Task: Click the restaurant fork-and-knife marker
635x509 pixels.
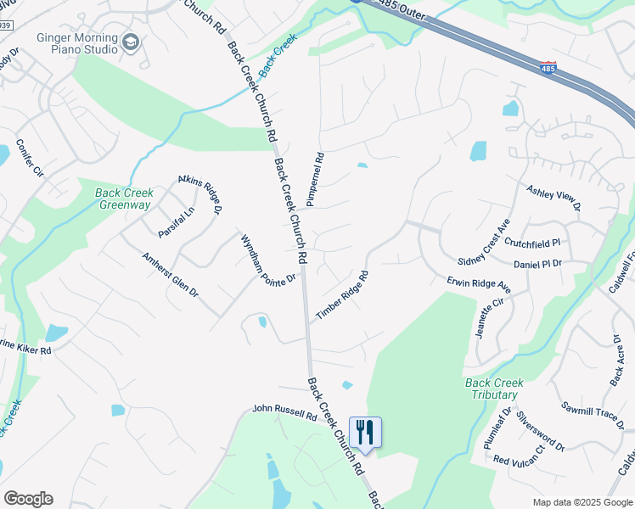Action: [365, 432]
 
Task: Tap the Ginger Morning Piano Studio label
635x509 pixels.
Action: [76, 43]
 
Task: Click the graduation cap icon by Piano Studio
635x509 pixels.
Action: [130, 42]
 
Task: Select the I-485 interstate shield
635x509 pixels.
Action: [549, 68]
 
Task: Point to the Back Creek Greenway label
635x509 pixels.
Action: [123, 199]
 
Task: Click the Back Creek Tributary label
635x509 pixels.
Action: [492, 389]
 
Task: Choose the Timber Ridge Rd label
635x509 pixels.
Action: [342, 294]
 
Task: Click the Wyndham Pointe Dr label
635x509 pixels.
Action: [268, 259]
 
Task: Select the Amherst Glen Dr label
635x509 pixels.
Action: [170, 273]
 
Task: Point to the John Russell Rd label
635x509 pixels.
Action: [284, 411]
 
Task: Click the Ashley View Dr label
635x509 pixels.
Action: [554, 198]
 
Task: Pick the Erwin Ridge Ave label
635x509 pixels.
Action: [479, 284]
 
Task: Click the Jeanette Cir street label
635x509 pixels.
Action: [491, 318]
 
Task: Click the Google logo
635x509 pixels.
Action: [28, 499]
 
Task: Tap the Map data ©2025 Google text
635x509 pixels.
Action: [582, 502]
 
